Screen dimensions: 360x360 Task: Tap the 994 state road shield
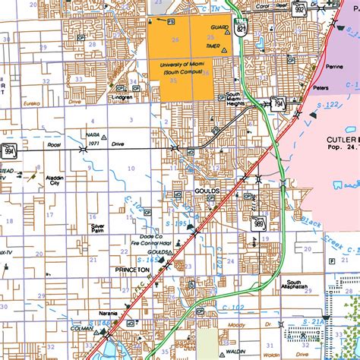pos(8,152)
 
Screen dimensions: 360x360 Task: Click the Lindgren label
pos(122,96)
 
